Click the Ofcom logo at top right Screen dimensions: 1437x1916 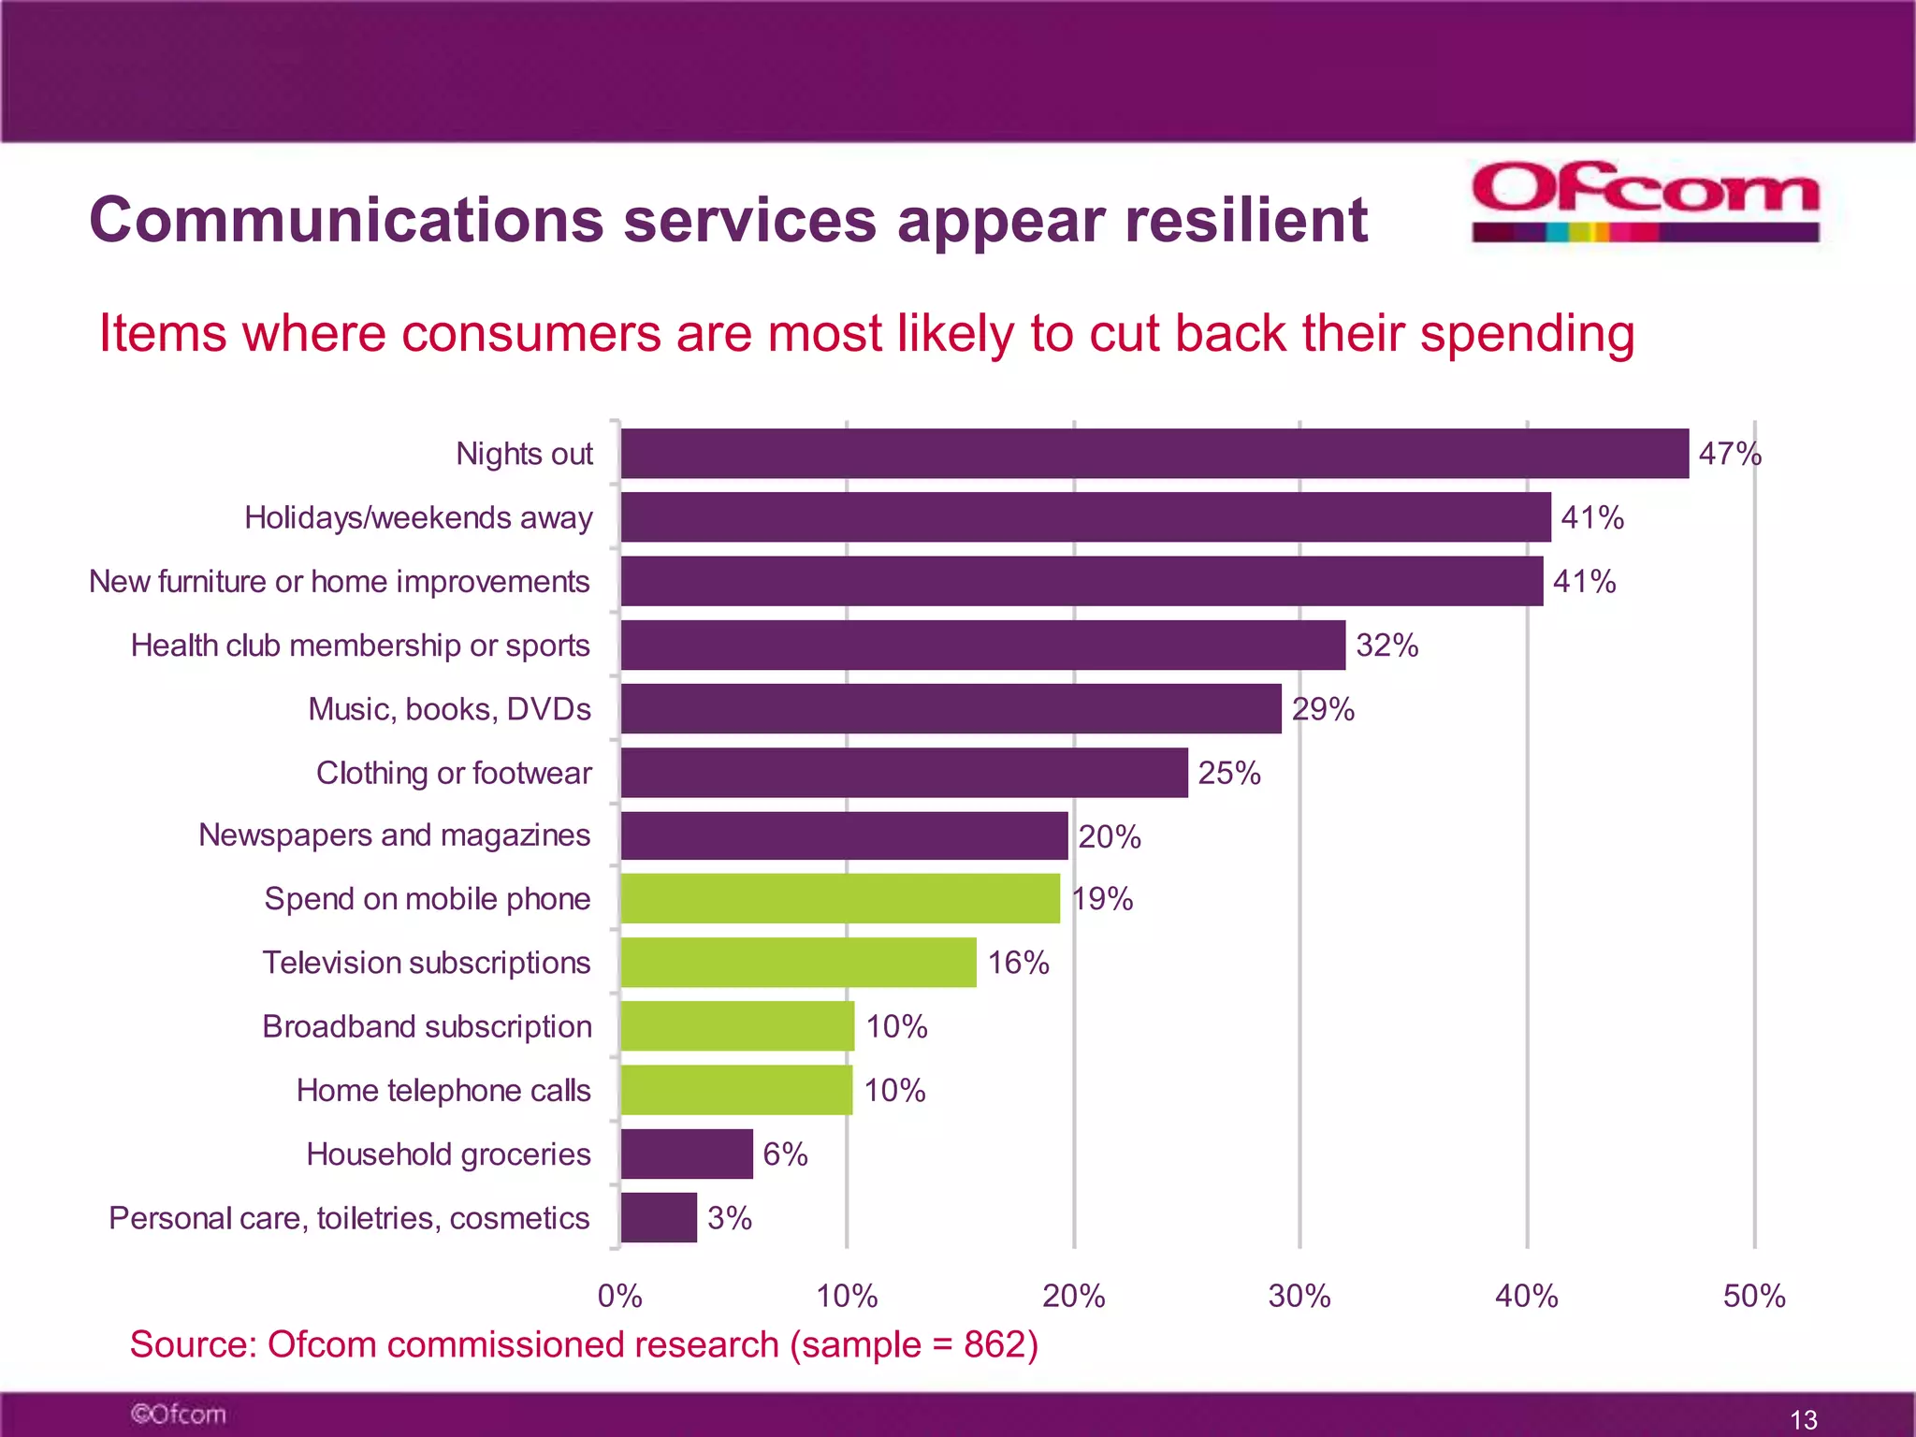click(1645, 201)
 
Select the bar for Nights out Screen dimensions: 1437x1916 click(1154, 454)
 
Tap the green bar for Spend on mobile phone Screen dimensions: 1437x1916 click(840, 899)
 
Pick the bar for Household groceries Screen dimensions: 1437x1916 click(687, 1154)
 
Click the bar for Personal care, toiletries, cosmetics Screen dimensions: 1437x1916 click(659, 1217)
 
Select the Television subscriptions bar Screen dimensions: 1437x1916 click(798, 963)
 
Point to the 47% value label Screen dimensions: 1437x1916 click(1730, 455)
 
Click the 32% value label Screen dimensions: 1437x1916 click(1387, 646)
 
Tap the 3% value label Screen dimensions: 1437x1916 click(730, 1218)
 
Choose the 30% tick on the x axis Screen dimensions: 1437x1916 click(1299, 1297)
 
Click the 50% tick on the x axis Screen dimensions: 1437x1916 click(1754, 1297)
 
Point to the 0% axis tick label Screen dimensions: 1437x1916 click(619, 1297)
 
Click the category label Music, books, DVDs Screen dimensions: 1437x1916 click(449, 709)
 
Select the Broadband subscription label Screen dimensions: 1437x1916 click(427, 1026)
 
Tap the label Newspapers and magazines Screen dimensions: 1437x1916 click(394, 835)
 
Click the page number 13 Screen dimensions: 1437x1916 click(1803, 1419)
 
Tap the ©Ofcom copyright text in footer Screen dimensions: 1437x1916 click(179, 1414)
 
